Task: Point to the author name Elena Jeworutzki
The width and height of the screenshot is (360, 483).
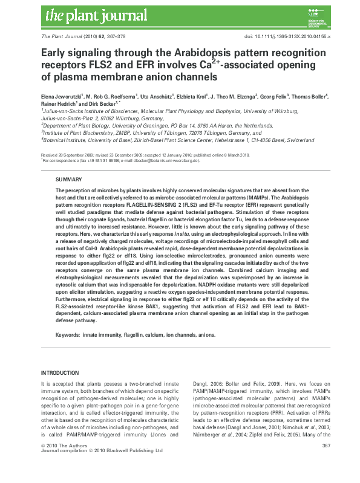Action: coord(63,96)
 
